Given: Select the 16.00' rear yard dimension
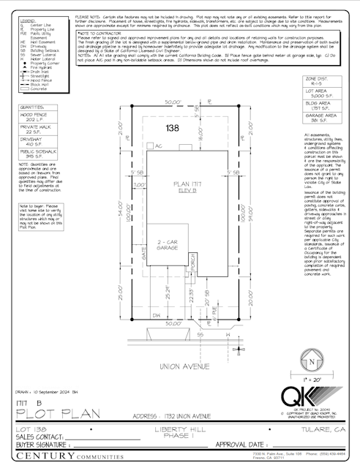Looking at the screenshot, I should [x=201, y=137].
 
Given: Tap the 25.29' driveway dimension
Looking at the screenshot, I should [x=169, y=292].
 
